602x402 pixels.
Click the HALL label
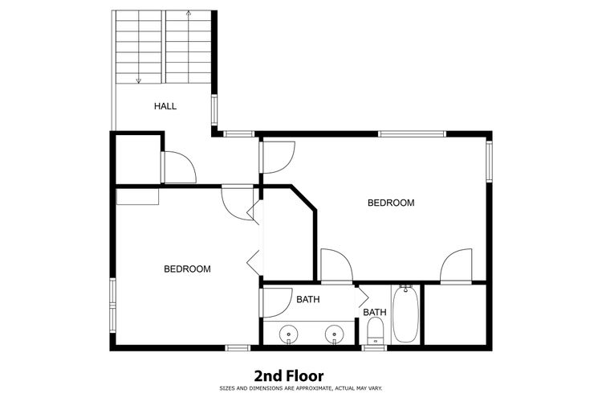point(165,106)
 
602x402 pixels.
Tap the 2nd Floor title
point(289,375)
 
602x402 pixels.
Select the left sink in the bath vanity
point(288,334)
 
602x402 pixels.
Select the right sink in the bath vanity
point(334,334)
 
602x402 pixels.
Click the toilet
point(375,331)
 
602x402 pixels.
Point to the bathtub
point(405,314)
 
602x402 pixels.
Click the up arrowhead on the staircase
point(189,13)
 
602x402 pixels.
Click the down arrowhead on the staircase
point(139,80)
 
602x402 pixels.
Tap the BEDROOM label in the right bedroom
point(391,203)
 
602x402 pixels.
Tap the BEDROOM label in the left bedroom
point(187,269)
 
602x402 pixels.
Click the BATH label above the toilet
point(375,312)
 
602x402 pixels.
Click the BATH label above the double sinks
point(308,299)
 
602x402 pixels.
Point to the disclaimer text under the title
point(301,388)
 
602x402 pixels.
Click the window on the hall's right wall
point(214,110)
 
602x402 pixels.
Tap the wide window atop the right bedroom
point(412,134)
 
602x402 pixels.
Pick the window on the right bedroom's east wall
point(489,162)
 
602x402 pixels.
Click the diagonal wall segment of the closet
point(303,199)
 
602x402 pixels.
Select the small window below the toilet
point(374,348)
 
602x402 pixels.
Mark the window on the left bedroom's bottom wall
point(238,348)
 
